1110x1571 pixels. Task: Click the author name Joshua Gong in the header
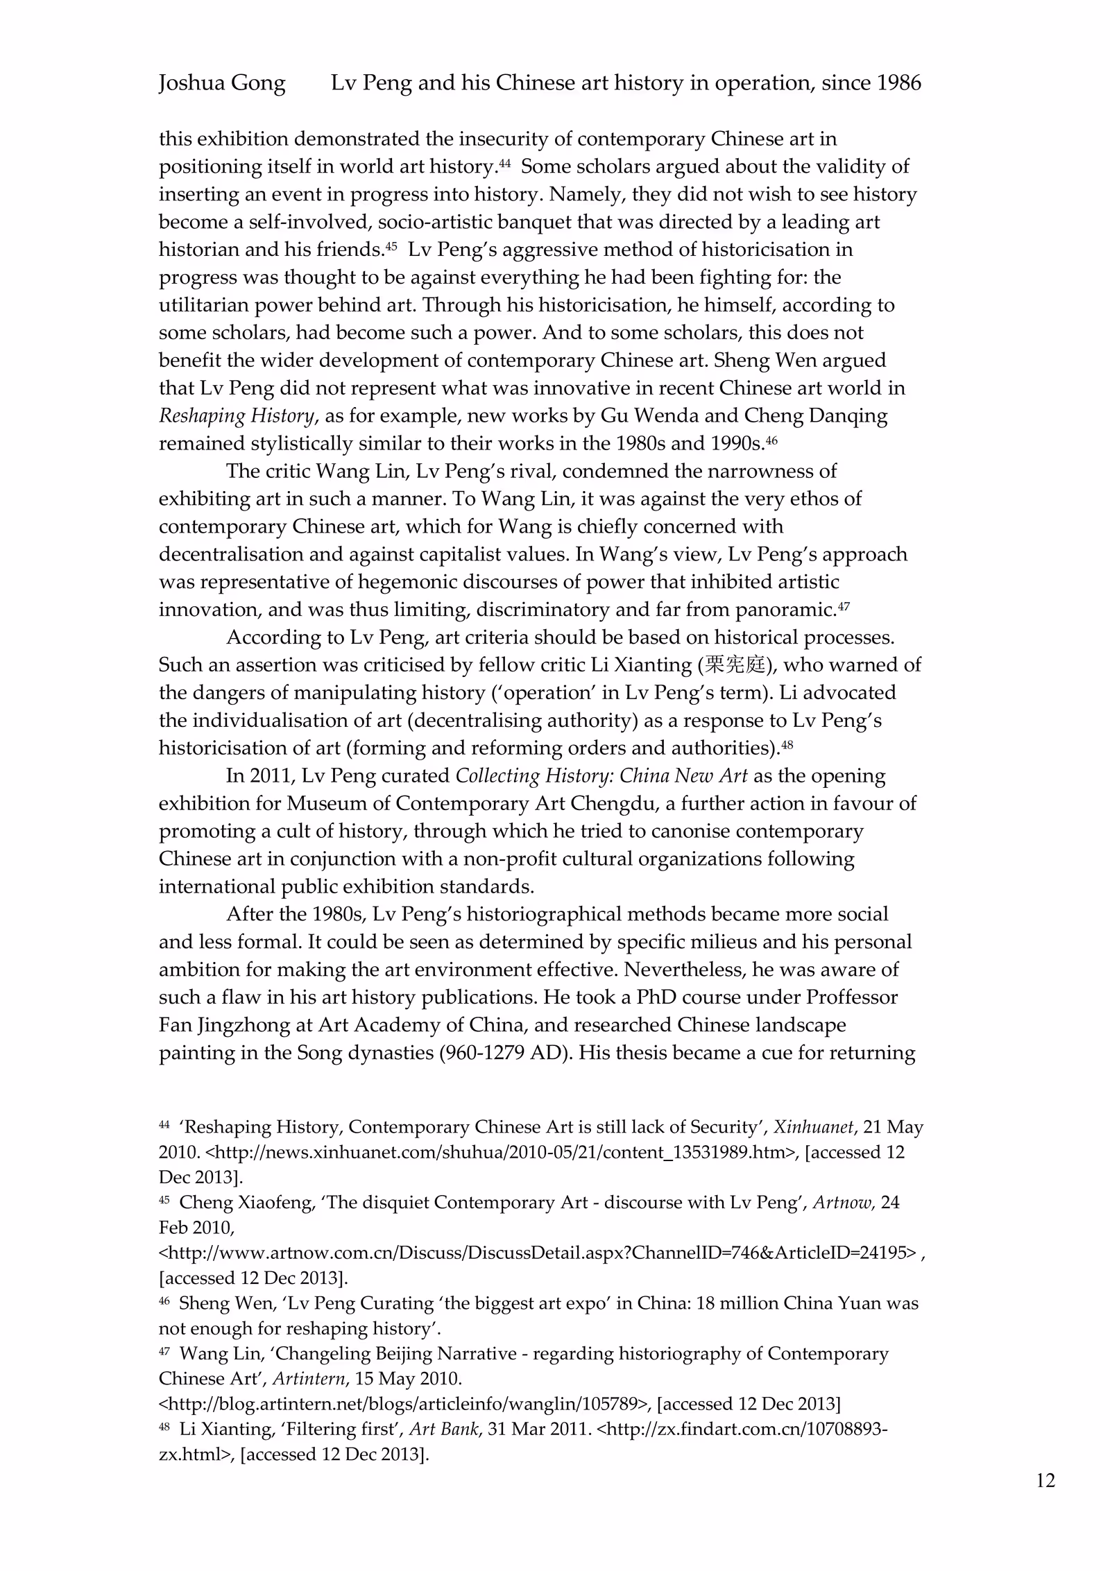222,83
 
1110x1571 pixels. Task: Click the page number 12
1045,1481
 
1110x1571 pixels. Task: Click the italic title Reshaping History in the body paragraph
237,415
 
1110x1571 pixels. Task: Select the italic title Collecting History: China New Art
601,775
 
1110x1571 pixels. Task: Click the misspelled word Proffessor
852,997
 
